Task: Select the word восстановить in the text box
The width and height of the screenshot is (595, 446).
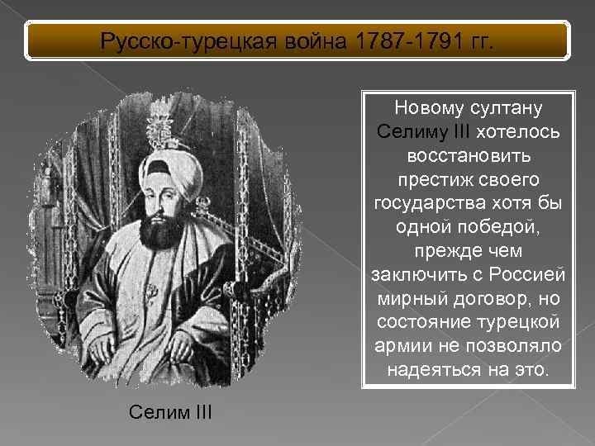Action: [469, 156]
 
